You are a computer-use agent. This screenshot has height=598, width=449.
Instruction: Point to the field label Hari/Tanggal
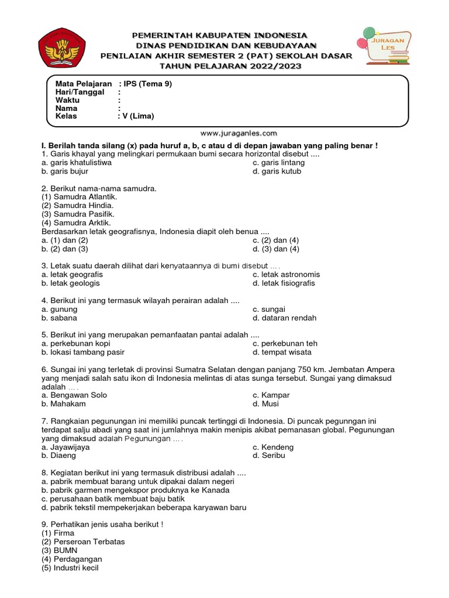tap(80, 92)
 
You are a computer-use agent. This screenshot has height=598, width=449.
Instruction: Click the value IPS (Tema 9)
tap(148, 84)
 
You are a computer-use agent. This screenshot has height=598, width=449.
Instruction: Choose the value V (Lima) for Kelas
tap(139, 116)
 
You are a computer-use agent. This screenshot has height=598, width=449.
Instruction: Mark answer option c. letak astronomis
tap(286, 274)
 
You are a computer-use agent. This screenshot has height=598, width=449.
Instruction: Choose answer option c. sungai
tap(269, 309)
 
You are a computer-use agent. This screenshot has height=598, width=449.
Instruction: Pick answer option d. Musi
tap(265, 404)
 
